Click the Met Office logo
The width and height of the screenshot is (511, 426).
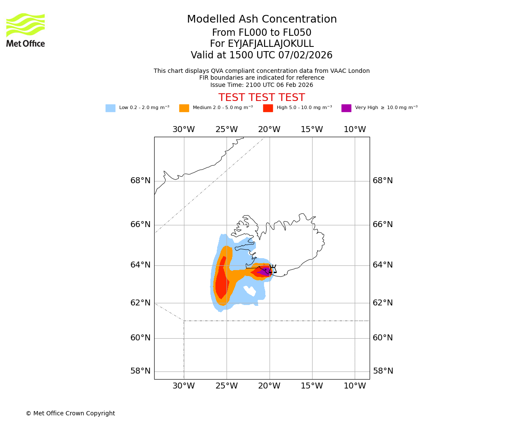click(26, 30)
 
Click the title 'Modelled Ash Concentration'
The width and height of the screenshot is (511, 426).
click(262, 20)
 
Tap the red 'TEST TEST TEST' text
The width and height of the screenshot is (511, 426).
click(261, 98)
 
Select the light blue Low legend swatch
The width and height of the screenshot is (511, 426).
click(110, 108)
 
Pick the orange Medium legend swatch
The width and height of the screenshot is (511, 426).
click(184, 108)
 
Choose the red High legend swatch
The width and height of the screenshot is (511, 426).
click(268, 108)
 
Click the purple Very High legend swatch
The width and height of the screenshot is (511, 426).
click(346, 108)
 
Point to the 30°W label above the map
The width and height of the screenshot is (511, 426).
click(184, 130)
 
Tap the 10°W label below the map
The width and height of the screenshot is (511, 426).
click(355, 386)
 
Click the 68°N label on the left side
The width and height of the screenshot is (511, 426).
click(141, 181)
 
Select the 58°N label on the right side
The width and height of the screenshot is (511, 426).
click(383, 371)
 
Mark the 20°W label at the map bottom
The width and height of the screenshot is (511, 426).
click(269, 386)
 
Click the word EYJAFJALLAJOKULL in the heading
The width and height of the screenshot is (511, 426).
click(271, 44)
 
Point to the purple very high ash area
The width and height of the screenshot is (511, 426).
click(265, 271)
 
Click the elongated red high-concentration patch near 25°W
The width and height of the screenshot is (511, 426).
click(221, 279)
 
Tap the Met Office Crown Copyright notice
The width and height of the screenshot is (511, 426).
click(70, 414)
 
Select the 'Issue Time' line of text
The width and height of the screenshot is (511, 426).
click(261, 85)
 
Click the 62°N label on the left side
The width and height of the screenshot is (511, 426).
click(141, 303)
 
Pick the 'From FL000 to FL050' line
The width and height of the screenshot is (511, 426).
click(261, 33)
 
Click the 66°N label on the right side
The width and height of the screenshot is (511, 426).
click(383, 225)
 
